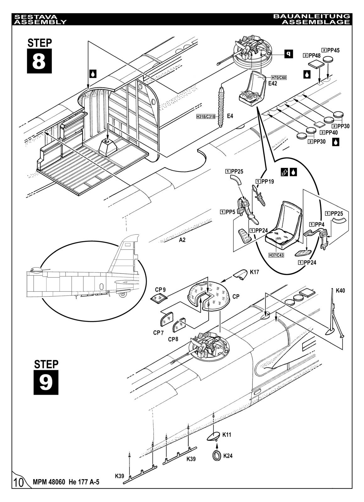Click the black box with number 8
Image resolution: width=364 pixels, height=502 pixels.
point(39,61)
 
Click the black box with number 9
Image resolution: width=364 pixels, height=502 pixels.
point(46,382)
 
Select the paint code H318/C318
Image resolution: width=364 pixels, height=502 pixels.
point(206,116)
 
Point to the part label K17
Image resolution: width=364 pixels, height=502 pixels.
point(254,272)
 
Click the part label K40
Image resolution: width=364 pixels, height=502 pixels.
point(340,291)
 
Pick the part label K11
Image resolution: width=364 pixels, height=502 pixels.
point(227,435)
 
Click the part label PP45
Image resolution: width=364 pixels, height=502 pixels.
point(333,50)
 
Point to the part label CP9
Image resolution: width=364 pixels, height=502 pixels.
point(160,289)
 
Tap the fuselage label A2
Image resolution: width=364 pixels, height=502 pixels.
point(182,240)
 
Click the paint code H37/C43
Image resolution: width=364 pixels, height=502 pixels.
point(276,255)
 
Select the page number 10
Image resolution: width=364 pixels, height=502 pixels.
point(19,482)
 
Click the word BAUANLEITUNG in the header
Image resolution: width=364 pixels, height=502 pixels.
point(311,16)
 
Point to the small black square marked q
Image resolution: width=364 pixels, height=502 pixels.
point(288,54)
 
